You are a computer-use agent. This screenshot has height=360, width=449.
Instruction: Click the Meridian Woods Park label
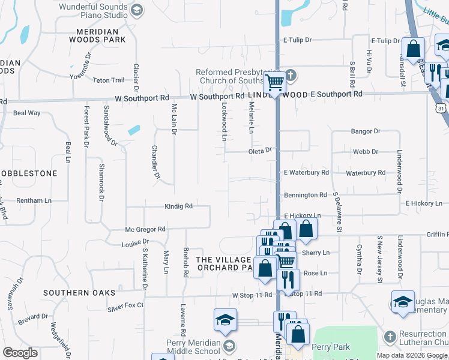click(x=101, y=35)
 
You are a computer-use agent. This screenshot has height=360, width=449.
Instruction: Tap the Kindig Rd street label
click(x=178, y=206)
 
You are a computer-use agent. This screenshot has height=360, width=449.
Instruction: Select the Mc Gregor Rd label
click(x=145, y=229)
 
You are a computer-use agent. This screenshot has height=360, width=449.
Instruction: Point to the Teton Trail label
click(x=109, y=80)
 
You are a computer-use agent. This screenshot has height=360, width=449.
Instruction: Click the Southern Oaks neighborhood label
click(x=79, y=293)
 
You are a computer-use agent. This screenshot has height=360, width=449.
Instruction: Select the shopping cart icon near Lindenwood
click(x=275, y=82)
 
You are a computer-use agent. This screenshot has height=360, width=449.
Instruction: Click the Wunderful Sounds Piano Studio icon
click(x=137, y=10)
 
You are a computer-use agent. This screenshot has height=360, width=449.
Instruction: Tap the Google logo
click(x=20, y=353)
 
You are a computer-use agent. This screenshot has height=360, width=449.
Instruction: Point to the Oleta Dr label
click(x=261, y=151)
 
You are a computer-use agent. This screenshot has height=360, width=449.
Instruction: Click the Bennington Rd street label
click(x=305, y=195)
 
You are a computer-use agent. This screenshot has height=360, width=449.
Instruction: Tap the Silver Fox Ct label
click(x=126, y=305)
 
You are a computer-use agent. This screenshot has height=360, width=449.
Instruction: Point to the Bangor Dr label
click(x=366, y=131)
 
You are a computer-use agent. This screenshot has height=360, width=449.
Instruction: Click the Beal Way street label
click(x=27, y=113)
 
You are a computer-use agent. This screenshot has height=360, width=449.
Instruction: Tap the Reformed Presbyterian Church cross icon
click(x=291, y=76)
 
